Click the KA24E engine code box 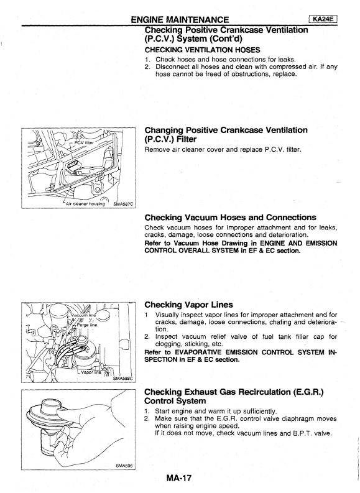coord(323,19)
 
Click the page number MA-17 coord(178,478)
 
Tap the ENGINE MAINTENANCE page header coord(180,20)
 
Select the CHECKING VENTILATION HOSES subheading coord(202,50)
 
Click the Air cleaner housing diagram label coord(85,204)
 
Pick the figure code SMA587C coord(123,204)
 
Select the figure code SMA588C coord(123,378)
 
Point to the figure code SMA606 coord(124,466)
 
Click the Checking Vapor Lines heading coord(188,305)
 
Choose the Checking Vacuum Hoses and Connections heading coord(230,217)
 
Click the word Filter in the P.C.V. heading coord(187,139)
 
